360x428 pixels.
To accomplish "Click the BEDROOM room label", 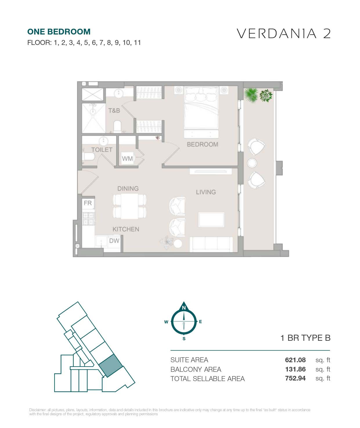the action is pos(202,144).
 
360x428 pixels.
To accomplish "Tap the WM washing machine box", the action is pos(127,158).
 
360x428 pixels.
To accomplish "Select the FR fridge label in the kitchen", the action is pos(88,203).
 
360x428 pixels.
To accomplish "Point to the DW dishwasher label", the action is pos(114,241).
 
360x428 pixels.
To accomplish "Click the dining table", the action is pos(129,206).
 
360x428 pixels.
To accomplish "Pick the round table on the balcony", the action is pos(252,163).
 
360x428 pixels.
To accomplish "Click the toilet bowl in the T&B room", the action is pos(117,126).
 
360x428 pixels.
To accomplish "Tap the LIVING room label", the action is pos(206,192).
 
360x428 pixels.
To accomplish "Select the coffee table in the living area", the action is pos(211,220).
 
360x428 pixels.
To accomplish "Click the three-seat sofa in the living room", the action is pos(211,244).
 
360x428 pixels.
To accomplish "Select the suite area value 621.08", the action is pos(295,360).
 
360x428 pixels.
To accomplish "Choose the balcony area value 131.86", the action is pos(295,369).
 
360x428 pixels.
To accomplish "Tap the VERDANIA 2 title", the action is pos(284,33).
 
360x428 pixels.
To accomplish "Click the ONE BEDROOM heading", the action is pos(59,32).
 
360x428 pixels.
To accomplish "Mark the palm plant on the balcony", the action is pos(251,95).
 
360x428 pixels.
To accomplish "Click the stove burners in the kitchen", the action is pos(88,219).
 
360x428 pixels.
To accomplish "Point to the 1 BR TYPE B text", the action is pos(305,338).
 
